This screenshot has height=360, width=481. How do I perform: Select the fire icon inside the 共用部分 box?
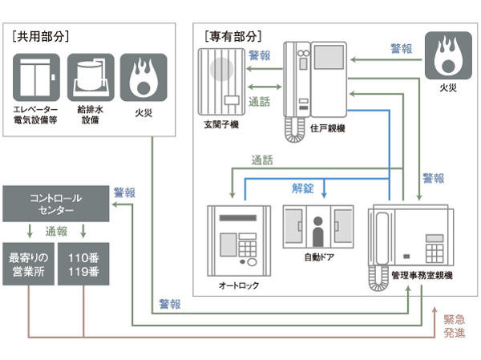[143, 78]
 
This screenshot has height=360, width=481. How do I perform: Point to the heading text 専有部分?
[232, 36]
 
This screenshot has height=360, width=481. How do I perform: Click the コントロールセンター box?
[52, 204]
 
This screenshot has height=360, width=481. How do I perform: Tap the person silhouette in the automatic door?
[317, 233]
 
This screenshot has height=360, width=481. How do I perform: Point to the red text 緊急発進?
[454, 326]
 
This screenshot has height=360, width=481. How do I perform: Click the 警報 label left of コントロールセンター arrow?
[124, 193]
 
